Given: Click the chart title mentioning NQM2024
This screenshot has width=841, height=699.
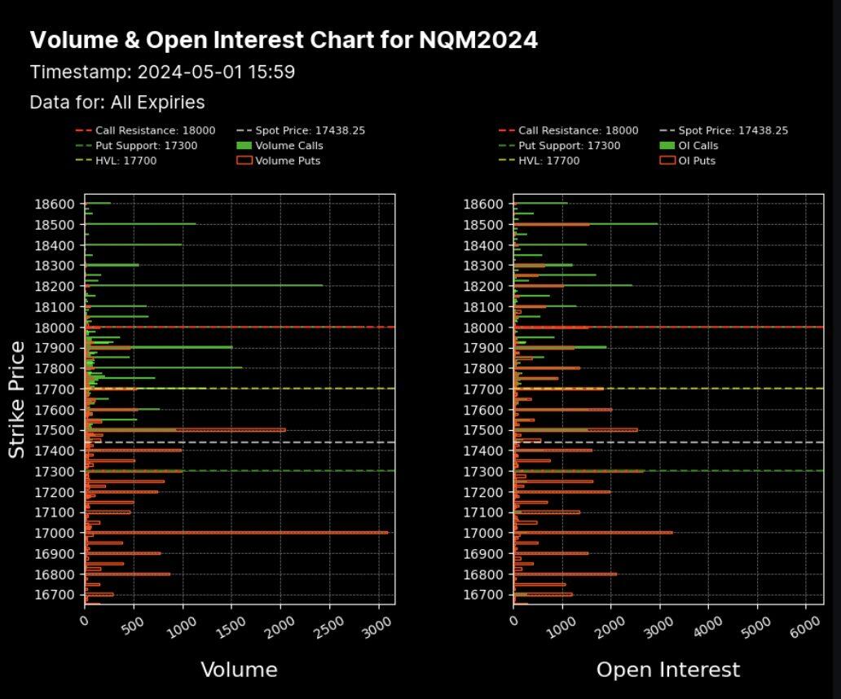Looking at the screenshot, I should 284,40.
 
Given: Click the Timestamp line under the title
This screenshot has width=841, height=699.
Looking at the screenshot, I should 162,72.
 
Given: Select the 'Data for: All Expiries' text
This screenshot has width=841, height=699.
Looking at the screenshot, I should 117,103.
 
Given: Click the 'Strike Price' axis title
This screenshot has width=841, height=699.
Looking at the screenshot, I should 17,399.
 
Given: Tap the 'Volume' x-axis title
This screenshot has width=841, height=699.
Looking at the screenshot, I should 239,670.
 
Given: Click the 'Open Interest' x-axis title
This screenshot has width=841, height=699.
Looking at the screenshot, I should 668,670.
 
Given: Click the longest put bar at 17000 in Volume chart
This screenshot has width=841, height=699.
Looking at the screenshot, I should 236,533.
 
